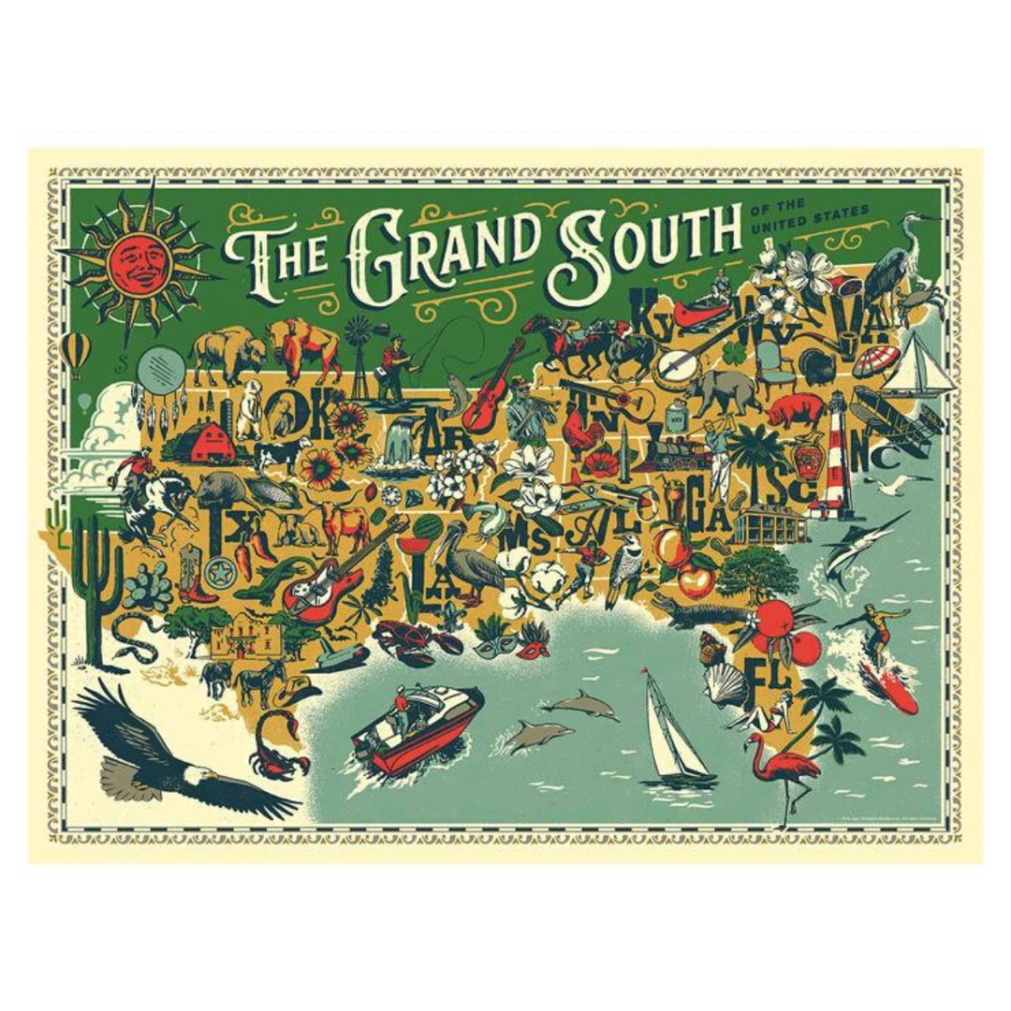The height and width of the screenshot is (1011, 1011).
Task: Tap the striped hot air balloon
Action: point(76,351)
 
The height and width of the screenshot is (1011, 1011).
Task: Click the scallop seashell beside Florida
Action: point(725,684)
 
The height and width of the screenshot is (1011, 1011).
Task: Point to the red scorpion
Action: point(278,746)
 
